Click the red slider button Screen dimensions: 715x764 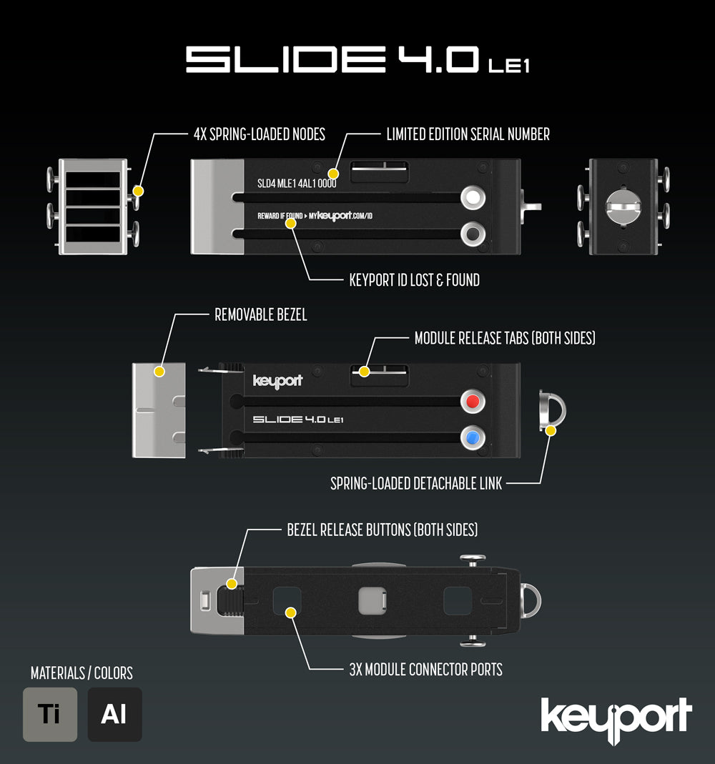click(473, 402)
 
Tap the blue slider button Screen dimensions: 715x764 click(473, 437)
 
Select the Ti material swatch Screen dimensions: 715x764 click(50, 714)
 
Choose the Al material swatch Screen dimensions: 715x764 click(114, 714)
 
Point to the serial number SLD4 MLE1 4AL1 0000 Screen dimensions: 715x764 click(297, 183)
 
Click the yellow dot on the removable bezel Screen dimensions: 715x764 click(159, 372)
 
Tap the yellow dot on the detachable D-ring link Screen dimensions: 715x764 click(551, 431)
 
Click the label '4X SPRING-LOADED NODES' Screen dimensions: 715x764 click(260, 134)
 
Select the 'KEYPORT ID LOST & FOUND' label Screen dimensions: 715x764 click(414, 280)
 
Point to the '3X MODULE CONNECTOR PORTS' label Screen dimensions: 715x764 click(425, 670)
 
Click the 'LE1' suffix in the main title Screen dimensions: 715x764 click(509, 66)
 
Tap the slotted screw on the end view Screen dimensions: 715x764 click(623, 207)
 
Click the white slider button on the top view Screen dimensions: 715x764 click(473, 197)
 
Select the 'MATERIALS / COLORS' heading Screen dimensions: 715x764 click(82, 673)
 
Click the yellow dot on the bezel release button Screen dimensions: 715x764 click(232, 583)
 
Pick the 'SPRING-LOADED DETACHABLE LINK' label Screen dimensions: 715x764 click(416, 483)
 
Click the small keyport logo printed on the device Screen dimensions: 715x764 click(278, 381)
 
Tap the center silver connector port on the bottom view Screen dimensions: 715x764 click(373, 601)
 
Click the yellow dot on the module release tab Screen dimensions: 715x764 click(364, 372)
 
